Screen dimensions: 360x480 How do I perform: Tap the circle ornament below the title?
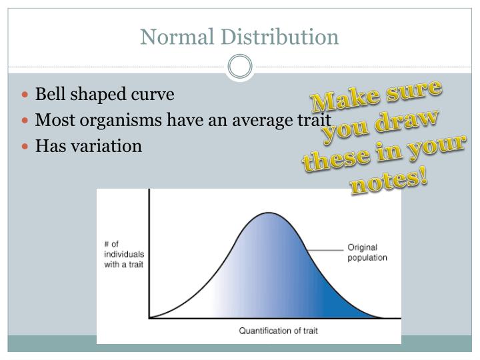[x=240, y=67]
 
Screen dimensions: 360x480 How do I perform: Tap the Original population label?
[x=367, y=251]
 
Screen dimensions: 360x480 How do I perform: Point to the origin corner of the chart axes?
[x=149, y=317]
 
